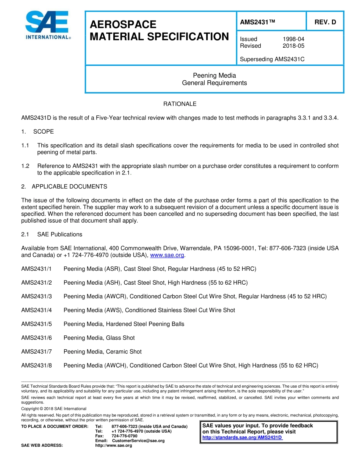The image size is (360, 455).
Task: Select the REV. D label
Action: click(x=325, y=22)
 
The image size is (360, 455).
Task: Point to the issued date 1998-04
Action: click(x=293, y=39)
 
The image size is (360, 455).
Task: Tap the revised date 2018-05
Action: click(x=293, y=46)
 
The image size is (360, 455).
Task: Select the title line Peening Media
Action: click(x=214, y=76)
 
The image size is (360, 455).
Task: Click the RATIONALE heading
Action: click(x=180, y=104)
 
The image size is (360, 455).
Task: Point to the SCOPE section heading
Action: click(x=43, y=132)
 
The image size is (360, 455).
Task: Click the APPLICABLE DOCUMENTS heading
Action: click(x=69, y=187)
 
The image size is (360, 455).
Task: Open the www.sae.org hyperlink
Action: click(x=167, y=256)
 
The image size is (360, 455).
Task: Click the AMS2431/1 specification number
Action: click(x=36, y=269)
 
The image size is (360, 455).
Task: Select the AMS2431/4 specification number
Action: click(x=36, y=310)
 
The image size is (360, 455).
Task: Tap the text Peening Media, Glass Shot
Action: click(x=99, y=338)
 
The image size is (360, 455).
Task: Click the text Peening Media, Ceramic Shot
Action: click(x=102, y=352)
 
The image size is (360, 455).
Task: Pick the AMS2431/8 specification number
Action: click(x=36, y=366)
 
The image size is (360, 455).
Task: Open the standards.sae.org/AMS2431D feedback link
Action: click(x=242, y=438)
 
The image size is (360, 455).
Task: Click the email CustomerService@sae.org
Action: click(x=138, y=441)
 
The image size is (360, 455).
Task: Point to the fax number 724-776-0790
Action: click(x=124, y=436)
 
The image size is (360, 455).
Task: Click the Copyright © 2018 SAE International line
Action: click(x=54, y=409)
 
